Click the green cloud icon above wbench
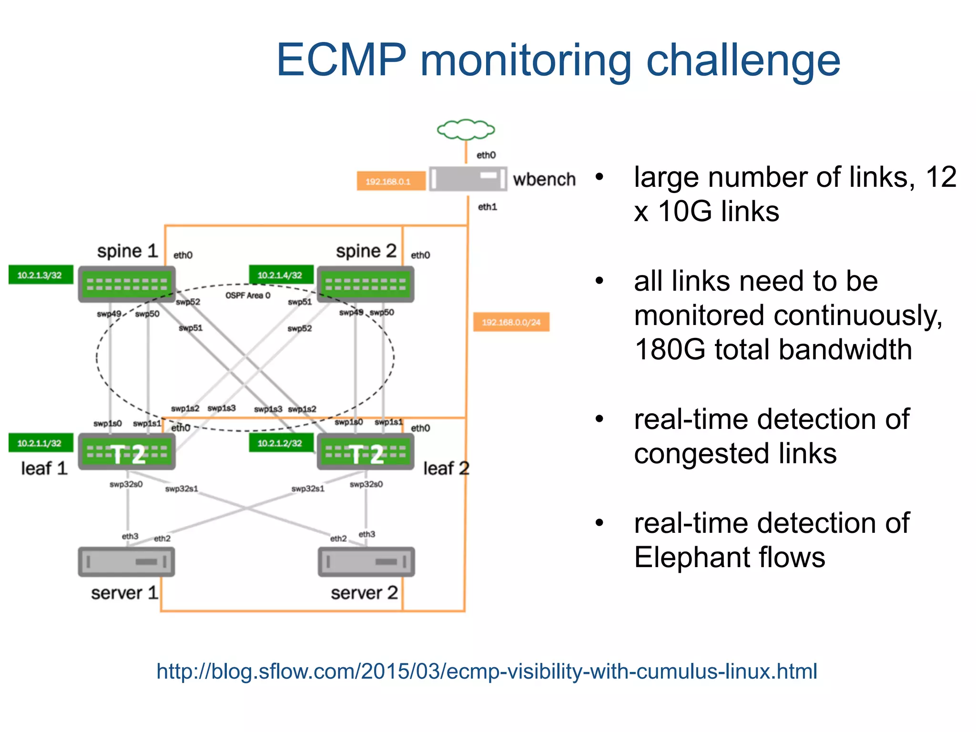(x=466, y=129)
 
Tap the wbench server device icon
(x=468, y=179)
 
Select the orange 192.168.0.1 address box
(x=390, y=181)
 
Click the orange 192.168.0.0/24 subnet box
(x=511, y=322)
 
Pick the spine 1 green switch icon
(x=127, y=285)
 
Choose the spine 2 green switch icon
(x=366, y=285)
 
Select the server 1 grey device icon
(x=127, y=561)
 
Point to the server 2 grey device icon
(x=366, y=561)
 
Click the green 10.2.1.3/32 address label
(x=41, y=275)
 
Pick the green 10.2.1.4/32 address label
(x=281, y=275)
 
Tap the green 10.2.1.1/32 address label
(x=41, y=443)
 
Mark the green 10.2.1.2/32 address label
(x=281, y=443)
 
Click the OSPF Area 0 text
(x=248, y=295)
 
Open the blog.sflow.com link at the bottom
(x=487, y=671)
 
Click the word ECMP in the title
(x=341, y=60)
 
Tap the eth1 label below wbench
(x=487, y=207)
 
